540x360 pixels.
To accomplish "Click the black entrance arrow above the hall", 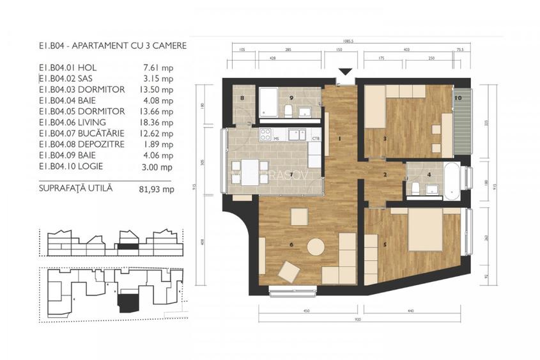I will coord(346,72).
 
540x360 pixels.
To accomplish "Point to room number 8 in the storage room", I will coord(243,98).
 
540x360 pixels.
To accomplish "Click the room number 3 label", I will coord(385,138).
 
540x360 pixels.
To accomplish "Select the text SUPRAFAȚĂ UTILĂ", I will coord(75,189).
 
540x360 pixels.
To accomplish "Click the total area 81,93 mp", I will coord(157,189).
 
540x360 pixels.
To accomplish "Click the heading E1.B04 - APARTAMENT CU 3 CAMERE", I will coord(112,45).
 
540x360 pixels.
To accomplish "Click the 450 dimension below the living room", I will coord(306,310).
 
